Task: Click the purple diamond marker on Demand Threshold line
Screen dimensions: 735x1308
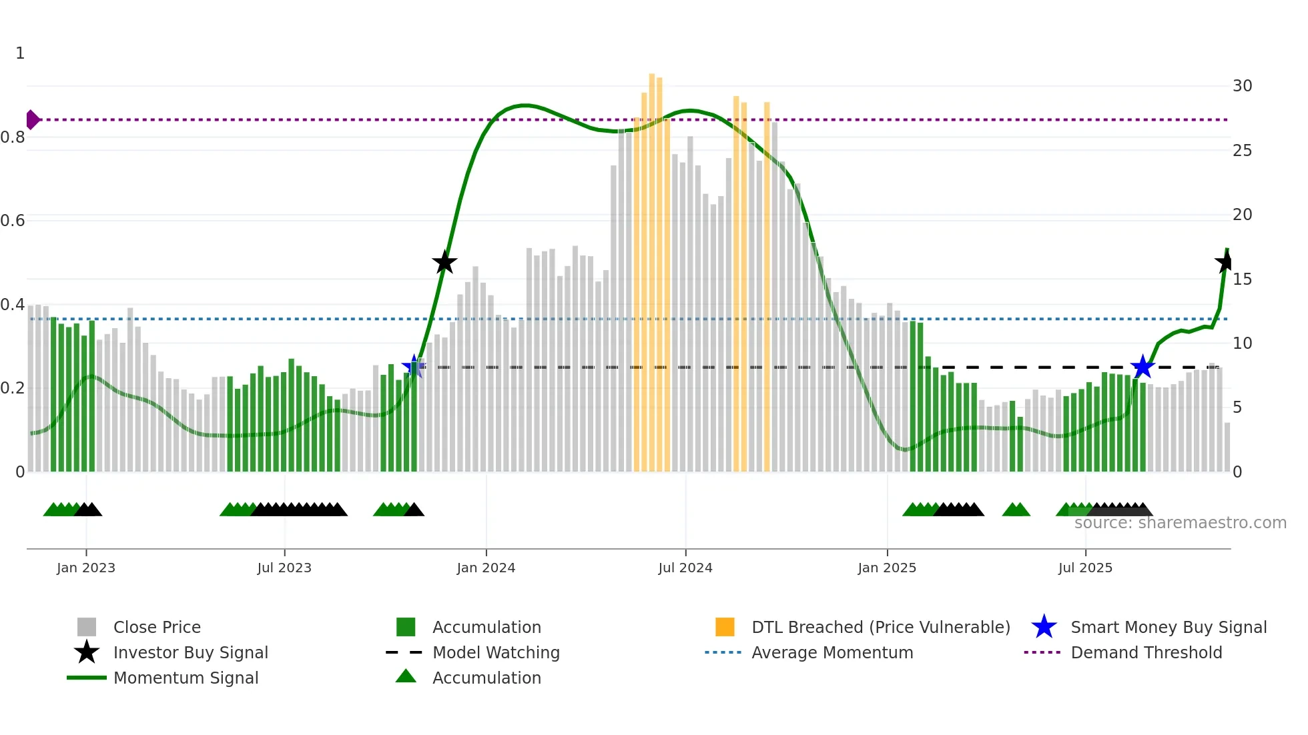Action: click(32, 120)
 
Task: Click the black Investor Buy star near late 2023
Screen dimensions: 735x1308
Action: click(444, 262)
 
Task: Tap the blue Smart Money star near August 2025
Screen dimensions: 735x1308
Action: click(1142, 367)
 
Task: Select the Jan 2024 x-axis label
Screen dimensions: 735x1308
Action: click(486, 568)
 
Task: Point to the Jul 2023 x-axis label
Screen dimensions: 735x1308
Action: click(284, 568)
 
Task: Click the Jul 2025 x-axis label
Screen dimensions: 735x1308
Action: click(1085, 568)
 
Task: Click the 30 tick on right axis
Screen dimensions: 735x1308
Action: click(1242, 86)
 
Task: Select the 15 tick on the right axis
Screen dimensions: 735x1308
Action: click(1242, 279)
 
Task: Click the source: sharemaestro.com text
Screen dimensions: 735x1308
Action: click(1180, 523)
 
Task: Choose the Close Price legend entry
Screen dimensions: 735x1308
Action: click(157, 627)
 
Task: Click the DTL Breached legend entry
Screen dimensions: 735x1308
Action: click(880, 627)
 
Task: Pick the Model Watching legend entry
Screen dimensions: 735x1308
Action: click(496, 652)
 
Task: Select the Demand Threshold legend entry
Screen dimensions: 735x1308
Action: click(1146, 652)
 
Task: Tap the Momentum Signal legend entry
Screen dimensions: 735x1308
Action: click(186, 678)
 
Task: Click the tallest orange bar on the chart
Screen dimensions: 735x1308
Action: click(652, 267)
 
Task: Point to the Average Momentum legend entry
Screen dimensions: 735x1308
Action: click(832, 652)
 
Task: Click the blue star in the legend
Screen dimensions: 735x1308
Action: click(1044, 627)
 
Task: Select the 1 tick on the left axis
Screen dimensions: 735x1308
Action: click(20, 53)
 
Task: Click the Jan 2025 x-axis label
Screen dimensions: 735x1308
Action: click(886, 568)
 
